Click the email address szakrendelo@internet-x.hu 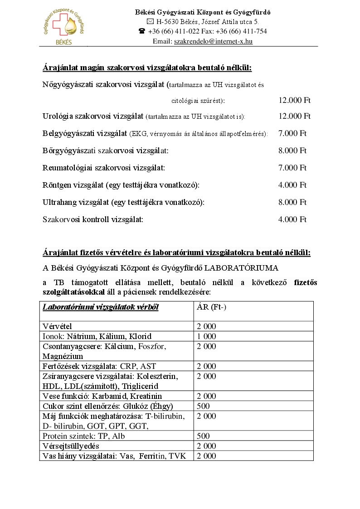(213, 41)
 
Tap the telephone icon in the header (142, 31)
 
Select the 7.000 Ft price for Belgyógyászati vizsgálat (292, 133)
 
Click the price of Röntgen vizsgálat (292, 185)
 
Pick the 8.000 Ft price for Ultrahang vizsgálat (292, 202)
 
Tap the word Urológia (57, 116)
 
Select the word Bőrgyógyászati (67, 150)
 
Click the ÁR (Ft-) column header (211, 307)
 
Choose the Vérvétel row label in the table (57, 326)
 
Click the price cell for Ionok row (206, 336)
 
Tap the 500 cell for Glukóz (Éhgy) (203, 406)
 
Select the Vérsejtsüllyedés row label (71, 446)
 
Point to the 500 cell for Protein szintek (203, 436)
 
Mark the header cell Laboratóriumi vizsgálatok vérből (100, 307)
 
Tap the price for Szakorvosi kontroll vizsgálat (292, 219)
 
